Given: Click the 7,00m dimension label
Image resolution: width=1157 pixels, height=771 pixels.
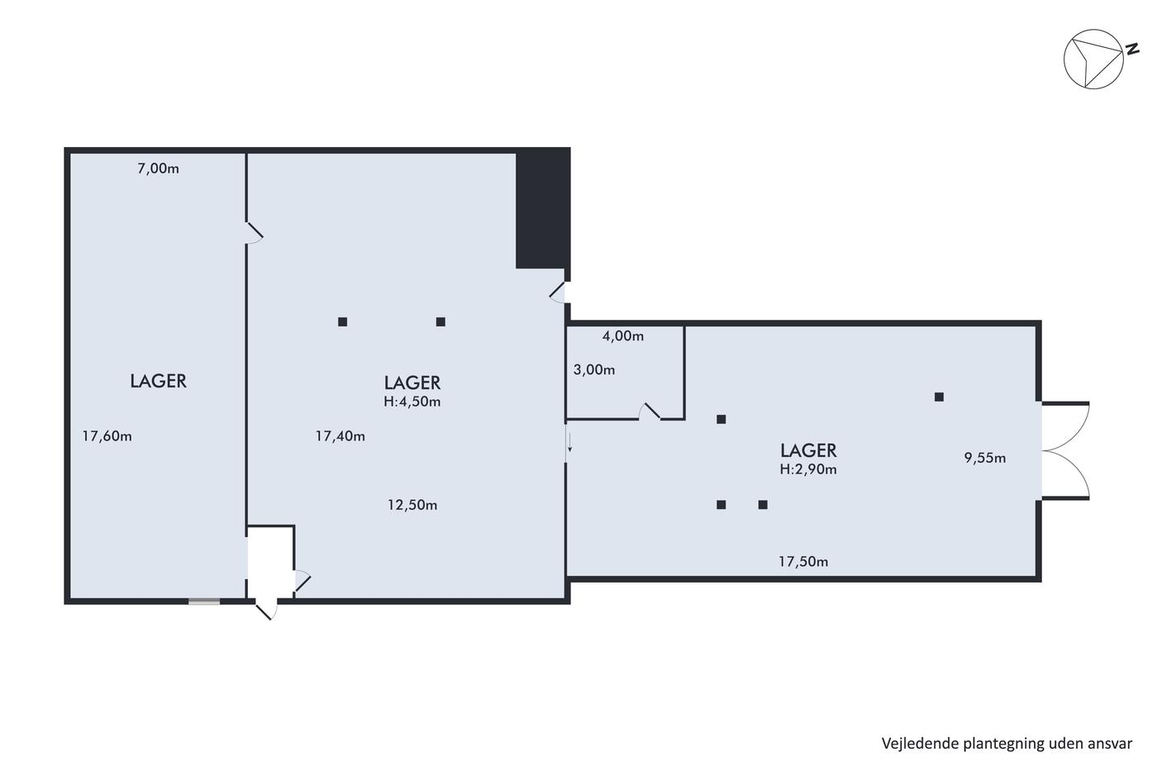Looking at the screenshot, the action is click(158, 169).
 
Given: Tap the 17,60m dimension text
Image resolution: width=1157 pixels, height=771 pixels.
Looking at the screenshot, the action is click(107, 436).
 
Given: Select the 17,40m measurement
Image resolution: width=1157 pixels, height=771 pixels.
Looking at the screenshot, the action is click(340, 436).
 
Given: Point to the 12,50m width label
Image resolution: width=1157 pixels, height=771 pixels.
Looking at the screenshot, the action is click(412, 505).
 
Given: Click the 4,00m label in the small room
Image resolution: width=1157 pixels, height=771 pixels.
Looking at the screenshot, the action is click(623, 336).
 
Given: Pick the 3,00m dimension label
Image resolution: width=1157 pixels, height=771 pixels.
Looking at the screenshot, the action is click(594, 369).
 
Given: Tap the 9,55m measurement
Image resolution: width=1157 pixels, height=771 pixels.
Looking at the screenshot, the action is click(985, 458).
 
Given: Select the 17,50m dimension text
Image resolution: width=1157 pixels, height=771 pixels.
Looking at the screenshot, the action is click(803, 561).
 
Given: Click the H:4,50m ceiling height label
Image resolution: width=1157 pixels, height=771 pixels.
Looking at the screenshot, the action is click(412, 402).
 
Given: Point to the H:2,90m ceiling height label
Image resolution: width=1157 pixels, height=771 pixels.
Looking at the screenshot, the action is click(808, 469).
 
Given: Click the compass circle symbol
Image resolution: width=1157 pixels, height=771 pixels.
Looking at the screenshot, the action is click(1093, 59).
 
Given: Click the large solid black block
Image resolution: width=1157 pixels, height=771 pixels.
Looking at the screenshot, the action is click(543, 208).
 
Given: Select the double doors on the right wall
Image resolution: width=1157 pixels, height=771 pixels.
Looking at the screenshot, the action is click(1065, 451).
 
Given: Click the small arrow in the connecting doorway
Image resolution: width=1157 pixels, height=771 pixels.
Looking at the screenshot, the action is click(569, 443).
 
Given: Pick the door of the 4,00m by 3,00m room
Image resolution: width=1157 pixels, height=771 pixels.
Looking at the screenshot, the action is click(650, 412).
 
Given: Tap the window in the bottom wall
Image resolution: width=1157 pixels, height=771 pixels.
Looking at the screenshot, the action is click(204, 602).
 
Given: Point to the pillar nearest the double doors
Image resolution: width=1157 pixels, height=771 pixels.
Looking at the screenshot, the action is click(939, 397).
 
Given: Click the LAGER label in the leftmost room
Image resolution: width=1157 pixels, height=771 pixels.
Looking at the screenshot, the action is click(158, 381).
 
